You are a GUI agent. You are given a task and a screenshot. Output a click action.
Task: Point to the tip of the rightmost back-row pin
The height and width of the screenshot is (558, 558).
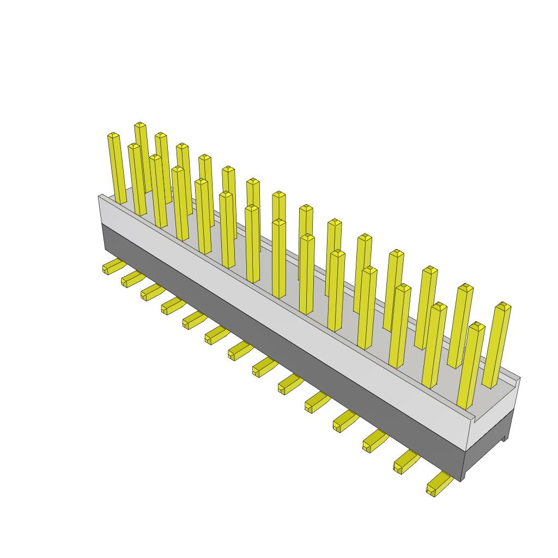[504, 306]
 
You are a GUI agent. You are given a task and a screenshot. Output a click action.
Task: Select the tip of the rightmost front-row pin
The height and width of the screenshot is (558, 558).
[477, 326]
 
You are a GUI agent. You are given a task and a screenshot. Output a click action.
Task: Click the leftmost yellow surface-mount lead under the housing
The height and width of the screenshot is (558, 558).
[113, 266]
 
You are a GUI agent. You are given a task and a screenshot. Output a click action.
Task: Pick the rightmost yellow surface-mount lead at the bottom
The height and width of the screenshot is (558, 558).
[438, 484]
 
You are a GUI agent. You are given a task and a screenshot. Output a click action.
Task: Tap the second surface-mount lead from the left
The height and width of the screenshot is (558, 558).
[132, 280]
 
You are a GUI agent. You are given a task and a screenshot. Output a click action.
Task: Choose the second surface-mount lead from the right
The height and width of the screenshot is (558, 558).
[405, 462]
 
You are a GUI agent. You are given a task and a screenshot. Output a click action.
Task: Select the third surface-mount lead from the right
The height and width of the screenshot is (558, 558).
[374, 440]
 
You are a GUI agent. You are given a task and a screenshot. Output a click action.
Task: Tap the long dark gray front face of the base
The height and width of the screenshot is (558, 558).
[283, 349]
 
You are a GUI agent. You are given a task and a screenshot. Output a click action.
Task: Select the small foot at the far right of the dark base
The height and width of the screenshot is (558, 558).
[506, 436]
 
